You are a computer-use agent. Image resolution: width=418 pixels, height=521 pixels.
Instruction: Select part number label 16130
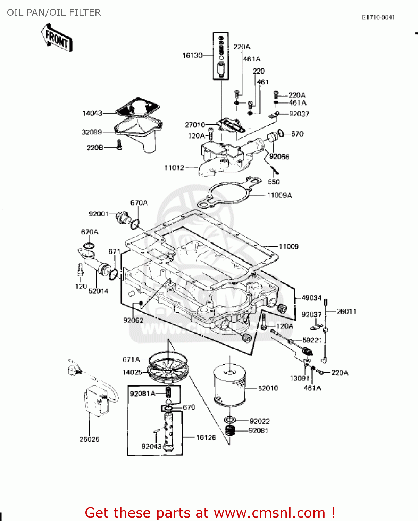tap(192, 55)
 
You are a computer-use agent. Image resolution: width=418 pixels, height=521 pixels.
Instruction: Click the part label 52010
tap(268, 388)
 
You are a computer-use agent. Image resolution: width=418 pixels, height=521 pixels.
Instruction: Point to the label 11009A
tap(279, 195)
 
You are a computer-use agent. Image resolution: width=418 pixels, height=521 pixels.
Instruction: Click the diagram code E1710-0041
tap(378, 17)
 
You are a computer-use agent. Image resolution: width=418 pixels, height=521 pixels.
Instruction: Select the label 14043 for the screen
tap(92, 113)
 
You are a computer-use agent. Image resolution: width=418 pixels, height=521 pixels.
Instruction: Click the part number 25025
tap(89, 439)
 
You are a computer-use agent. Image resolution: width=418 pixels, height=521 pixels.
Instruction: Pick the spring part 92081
tap(230, 431)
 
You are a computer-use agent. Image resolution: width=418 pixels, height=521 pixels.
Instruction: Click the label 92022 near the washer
tap(260, 421)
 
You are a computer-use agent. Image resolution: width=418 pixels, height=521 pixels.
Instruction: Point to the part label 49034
tap(311, 298)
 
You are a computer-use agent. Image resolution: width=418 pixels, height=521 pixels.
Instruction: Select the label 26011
tap(346, 312)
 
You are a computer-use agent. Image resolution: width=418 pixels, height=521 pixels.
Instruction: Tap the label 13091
tap(300, 378)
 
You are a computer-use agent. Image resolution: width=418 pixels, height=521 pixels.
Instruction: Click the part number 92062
tap(133, 320)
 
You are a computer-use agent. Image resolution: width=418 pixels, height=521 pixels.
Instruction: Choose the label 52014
tap(98, 291)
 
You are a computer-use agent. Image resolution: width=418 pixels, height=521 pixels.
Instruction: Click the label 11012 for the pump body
tap(174, 168)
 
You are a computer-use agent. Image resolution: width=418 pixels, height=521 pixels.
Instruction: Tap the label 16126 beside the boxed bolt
tap(206, 437)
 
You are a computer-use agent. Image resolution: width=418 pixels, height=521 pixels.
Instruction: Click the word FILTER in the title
tap(85, 13)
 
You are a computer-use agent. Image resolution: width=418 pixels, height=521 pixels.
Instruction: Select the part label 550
tap(274, 182)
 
